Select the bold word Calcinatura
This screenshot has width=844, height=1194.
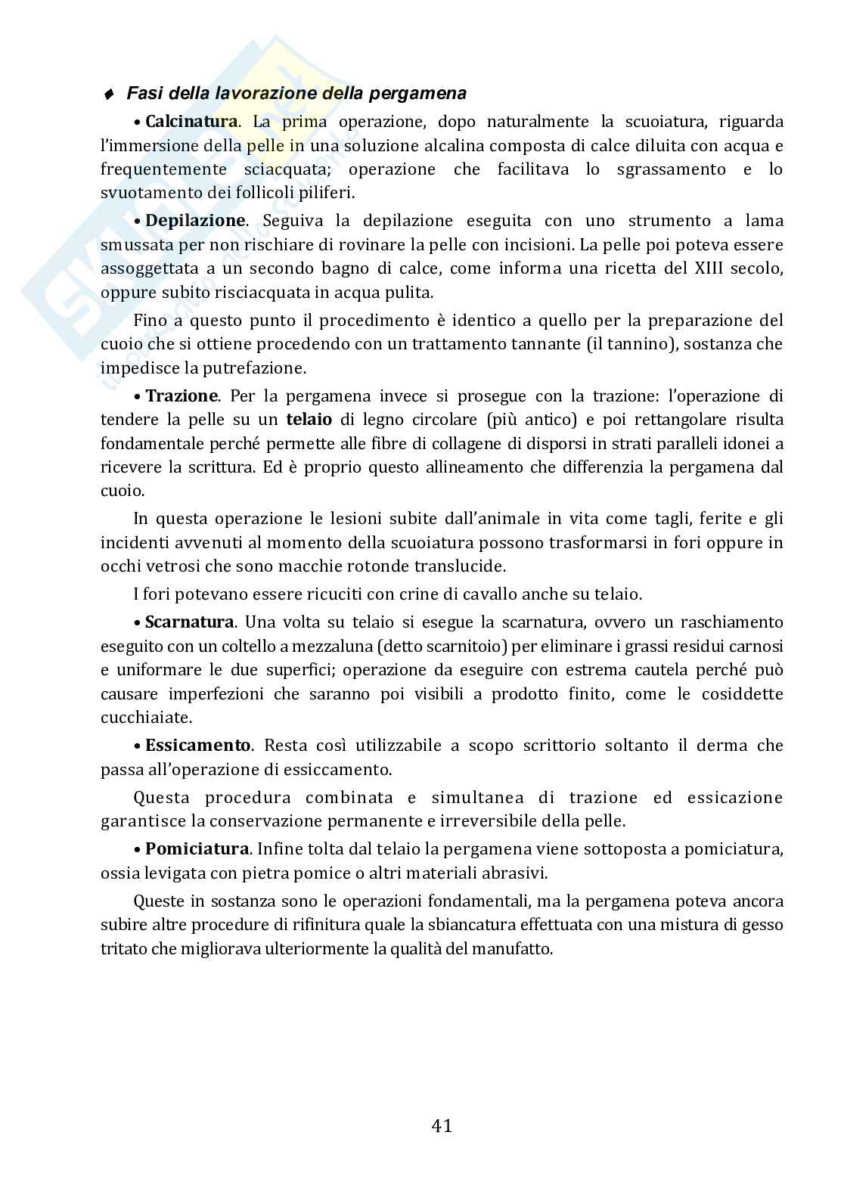pos(191,121)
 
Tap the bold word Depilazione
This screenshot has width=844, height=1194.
pos(195,220)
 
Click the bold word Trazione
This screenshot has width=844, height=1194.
pos(182,395)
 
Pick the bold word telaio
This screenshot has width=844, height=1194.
pos(309,419)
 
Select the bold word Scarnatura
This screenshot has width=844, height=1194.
pos(189,622)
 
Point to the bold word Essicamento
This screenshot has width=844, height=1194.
pos(197,745)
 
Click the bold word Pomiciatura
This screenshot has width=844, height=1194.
pos(197,848)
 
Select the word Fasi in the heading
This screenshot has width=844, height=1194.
pos(142,94)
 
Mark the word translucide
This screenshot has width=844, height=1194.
pos(463,566)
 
